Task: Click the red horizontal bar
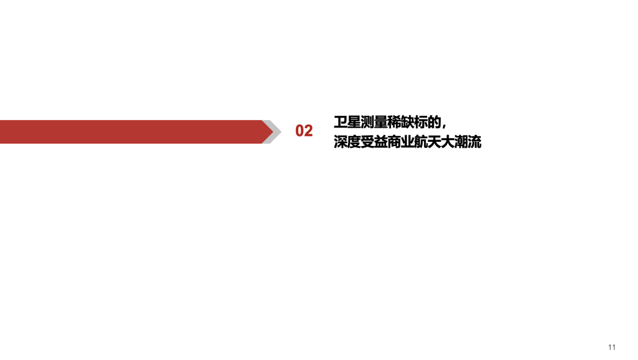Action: point(130,131)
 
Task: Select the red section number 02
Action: point(304,131)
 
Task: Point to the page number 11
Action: point(611,347)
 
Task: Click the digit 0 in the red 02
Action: point(300,131)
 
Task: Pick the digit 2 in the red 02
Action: point(308,131)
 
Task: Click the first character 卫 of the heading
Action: point(340,122)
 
